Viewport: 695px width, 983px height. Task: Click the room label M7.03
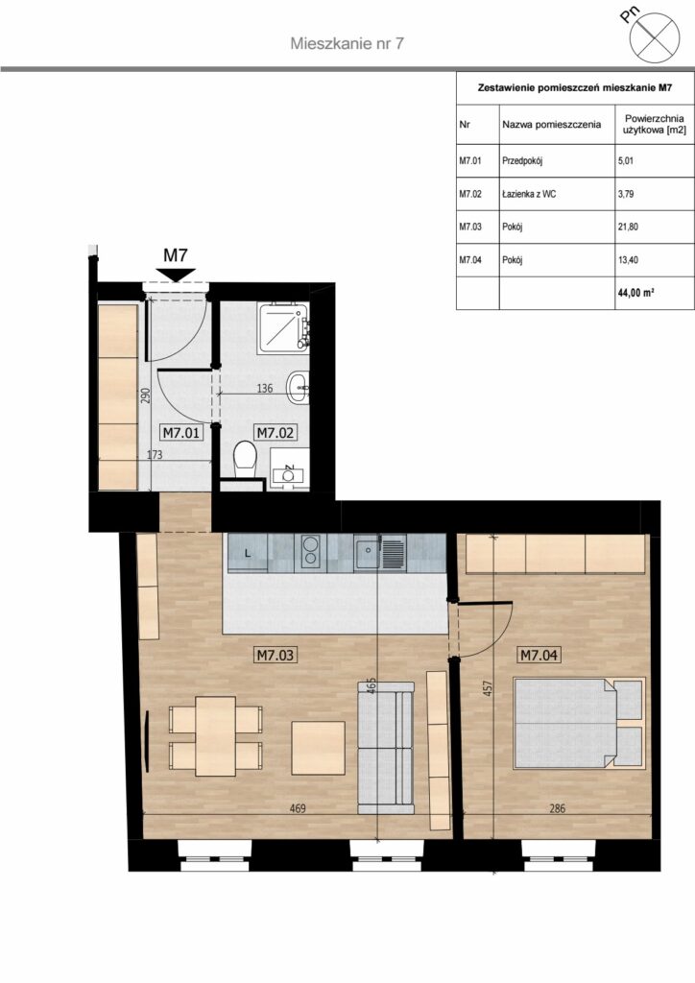click(276, 655)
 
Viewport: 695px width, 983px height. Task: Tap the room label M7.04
click(539, 655)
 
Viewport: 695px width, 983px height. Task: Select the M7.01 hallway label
click(181, 433)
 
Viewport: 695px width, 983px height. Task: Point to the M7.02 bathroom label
click(276, 433)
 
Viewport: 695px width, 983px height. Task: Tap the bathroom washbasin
click(299, 388)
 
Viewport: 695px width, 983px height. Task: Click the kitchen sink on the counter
click(379, 552)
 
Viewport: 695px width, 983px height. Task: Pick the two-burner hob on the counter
click(310, 552)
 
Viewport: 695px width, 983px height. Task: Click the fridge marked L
click(248, 553)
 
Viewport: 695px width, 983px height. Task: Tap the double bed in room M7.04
click(579, 723)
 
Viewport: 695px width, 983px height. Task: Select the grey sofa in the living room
click(385, 748)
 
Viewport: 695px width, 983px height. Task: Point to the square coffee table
click(319, 749)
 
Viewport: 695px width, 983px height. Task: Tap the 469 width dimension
click(298, 808)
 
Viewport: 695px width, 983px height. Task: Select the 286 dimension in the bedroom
click(557, 808)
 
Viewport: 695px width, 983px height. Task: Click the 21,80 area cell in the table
click(628, 227)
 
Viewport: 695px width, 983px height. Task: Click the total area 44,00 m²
click(635, 292)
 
